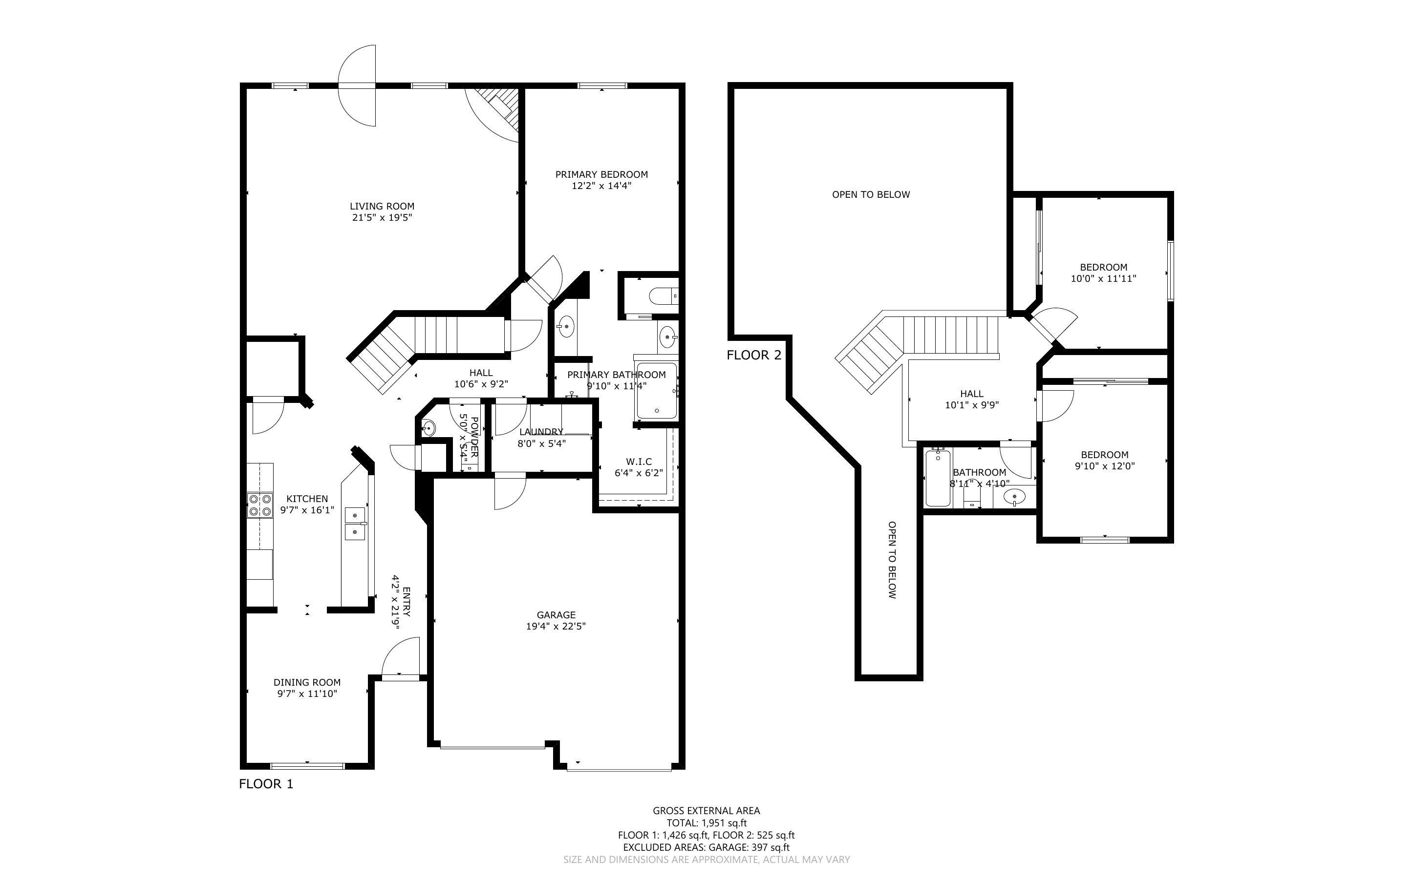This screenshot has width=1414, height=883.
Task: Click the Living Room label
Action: point(382,206)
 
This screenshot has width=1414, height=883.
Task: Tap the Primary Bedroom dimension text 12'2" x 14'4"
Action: point(601,186)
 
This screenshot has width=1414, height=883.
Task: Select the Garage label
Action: point(556,615)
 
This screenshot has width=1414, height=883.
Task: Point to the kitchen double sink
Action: point(355,524)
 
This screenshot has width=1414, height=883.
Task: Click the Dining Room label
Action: point(307,682)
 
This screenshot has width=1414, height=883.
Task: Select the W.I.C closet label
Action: point(639,462)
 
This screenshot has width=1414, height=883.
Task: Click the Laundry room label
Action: point(541,432)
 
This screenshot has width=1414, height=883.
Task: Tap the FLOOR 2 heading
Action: point(754,355)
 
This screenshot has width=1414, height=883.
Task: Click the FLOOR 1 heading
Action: point(266,784)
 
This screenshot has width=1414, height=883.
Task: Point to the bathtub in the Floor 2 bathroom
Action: point(938,477)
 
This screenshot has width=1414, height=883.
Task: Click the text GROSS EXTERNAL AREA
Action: point(706,811)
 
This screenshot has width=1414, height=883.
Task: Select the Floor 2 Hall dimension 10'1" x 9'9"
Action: point(972,405)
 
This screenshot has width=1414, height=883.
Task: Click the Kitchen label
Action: point(307,499)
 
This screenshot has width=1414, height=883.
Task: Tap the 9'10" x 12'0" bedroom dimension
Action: point(1104,466)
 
